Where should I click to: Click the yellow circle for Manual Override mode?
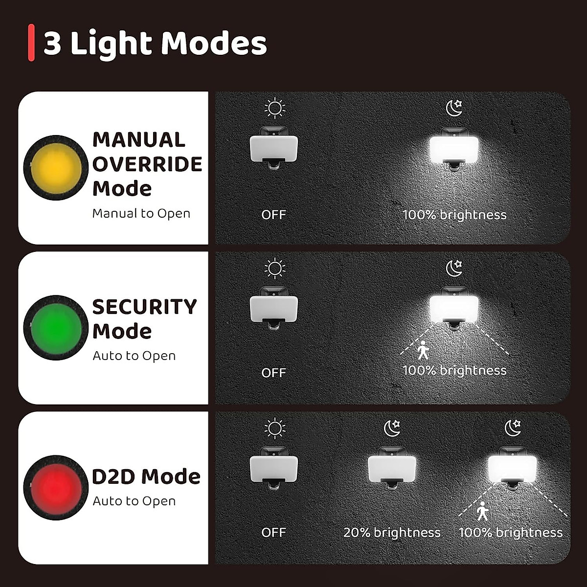(57, 168)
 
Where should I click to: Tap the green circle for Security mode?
(57, 327)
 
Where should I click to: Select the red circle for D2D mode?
(57, 488)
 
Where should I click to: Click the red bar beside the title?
(31, 43)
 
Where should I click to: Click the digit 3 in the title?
(52, 44)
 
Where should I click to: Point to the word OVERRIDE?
(147, 164)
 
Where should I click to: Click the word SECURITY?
(145, 307)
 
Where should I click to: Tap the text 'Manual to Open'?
(141, 213)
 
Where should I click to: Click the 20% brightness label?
(392, 532)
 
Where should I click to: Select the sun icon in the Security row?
(274, 268)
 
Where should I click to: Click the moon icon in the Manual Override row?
(454, 108)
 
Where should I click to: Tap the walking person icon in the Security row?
(423, 350)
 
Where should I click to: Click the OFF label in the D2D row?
(273, 532)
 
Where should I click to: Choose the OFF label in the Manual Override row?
(273, 215)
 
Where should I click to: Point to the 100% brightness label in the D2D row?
(511, 532)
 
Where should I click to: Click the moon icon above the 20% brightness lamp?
(392, 428)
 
